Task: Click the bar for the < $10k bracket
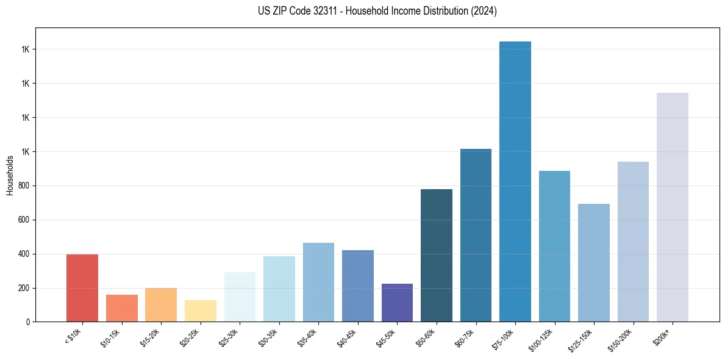82,288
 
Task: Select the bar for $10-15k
121,308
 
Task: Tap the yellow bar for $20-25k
200,311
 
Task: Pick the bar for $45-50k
397,303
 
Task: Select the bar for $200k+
672,207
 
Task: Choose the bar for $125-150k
593,262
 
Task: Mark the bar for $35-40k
318,282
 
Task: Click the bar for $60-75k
476,235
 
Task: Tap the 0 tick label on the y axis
28,322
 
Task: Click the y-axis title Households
10,175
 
